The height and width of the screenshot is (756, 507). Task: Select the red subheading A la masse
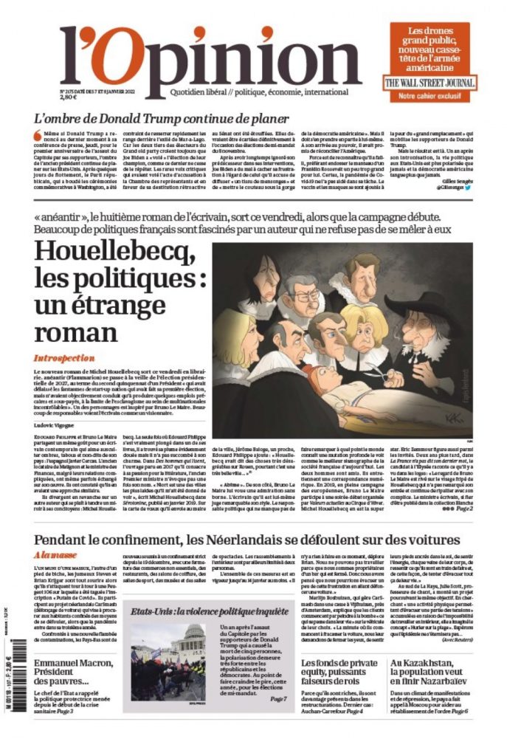click(53, 554)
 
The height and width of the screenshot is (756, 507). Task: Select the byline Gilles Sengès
click(459, 182)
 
